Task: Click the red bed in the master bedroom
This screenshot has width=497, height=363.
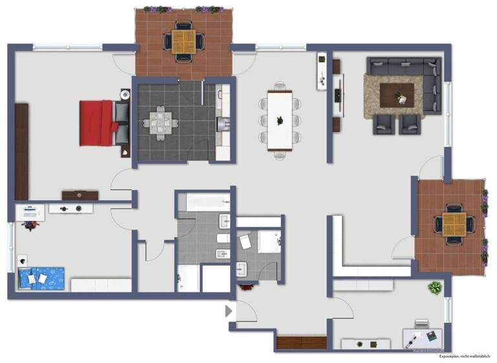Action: click(x=97, y=123)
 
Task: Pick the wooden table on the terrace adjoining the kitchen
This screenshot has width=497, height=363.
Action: click(x=184, y=41)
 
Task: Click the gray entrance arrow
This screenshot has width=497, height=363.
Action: click(x=228, y=312)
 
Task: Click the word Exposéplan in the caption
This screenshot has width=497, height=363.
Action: click(x=449, y=357)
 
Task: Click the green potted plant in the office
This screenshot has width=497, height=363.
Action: click(x=433, y=287)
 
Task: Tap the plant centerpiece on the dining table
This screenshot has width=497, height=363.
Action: click(x=280, y=119)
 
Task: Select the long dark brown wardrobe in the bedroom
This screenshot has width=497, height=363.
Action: click(x=22, y=151)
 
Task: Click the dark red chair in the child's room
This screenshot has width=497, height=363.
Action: click(x=30, y=225)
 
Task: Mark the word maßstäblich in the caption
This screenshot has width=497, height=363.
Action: click(x=480, y=357)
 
